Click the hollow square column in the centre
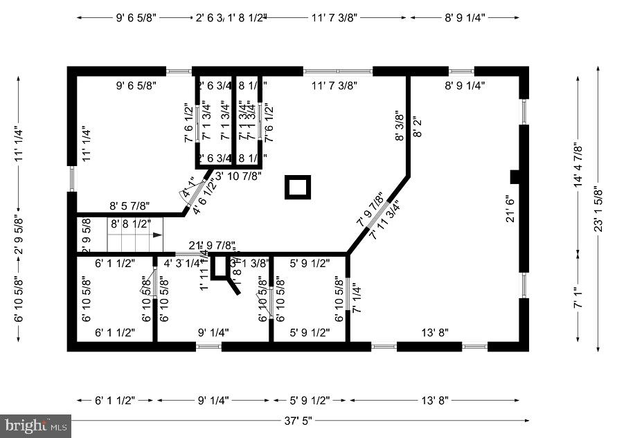[x=298, y=187]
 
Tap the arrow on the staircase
[x=158, y=235]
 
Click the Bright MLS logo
[x=36, y=426]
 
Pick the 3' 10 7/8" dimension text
[x=238, y=176]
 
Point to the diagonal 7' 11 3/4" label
[x=385, y=220]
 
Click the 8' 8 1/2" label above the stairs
[x=129, y=223]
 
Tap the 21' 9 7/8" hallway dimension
[x=211, y=246]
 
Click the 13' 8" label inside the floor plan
[x=435, y=332]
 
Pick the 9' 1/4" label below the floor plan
[x=213, y=400]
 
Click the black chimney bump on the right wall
[x=515, y=176]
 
